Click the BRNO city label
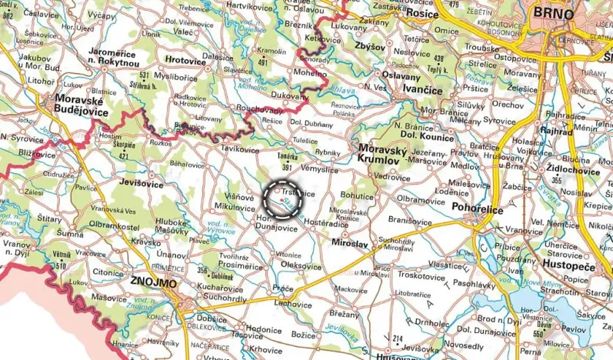[552, 14]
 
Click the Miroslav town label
[350, 243]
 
